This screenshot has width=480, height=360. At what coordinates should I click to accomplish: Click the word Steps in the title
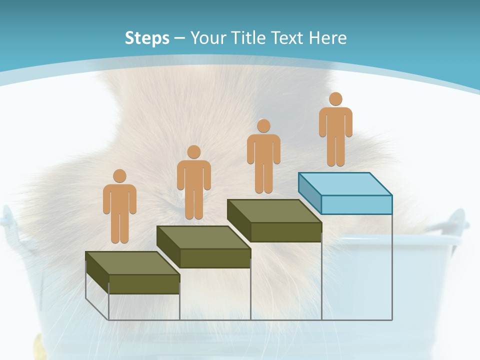pos(147,38)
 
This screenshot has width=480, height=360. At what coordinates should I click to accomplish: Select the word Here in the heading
pos(327,38)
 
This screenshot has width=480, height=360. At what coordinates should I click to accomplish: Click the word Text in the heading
pos(288,38)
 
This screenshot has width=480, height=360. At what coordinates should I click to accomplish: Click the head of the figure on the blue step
pos(335,99)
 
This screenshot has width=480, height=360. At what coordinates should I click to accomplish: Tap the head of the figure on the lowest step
pos(119,176)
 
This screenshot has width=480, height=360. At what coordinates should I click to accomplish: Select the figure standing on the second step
pos(193,182)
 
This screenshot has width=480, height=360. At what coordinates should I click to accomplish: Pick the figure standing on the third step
pos(263,156)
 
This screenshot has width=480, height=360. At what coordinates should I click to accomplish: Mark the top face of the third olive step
pos(274,211)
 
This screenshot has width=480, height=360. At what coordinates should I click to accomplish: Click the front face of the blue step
pos(356,204)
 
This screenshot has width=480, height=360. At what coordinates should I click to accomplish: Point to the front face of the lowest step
pos(144,284)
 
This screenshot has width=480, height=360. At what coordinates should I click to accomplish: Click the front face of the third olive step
pos(286,232)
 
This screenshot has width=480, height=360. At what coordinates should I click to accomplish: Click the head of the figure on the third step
pos(263,126)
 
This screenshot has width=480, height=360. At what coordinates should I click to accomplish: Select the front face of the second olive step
pos(215,258)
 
